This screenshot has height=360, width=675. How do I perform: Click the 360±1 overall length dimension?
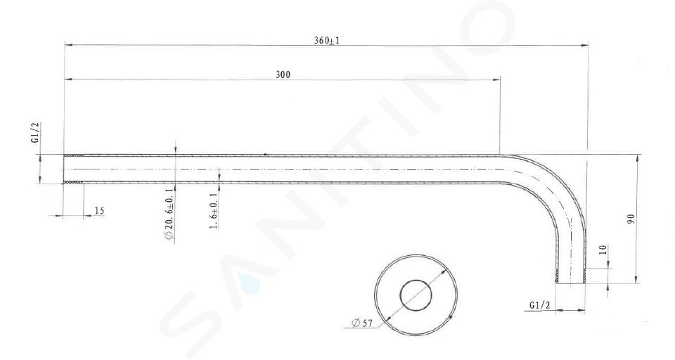pyautogui.click(x=326, y=41)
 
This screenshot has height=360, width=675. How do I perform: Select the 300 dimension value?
pyautogui.click(x=283, y=75)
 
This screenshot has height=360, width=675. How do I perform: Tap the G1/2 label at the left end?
pyautogui.click(x=37, y=133)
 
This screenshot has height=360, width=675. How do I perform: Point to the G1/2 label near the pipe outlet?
pyautogui.click(x=540, y=305)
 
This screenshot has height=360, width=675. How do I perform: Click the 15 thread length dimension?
pyautogui.click(x=99, y=211)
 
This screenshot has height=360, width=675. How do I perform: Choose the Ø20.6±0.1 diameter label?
pyautogui.click(x=169, y=214)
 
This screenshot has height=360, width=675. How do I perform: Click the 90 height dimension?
pyautogui.click(x=631, y=219)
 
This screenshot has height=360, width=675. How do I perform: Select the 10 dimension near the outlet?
pyautogui.click(x=603, y=250)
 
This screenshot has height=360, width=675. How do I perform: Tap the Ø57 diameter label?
pyautogui.click(x=362, y=323)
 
